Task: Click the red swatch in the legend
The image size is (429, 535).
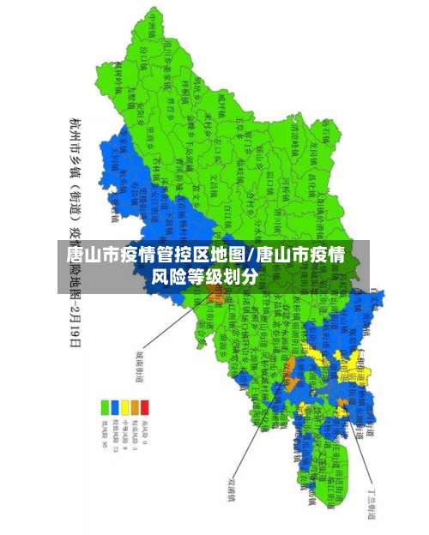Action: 145,404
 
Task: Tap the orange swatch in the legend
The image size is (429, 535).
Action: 135,404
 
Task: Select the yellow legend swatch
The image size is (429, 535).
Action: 124,404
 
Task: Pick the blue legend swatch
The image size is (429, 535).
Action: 114,404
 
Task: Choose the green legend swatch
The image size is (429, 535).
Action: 104,404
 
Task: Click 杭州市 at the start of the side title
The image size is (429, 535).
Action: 75,129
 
